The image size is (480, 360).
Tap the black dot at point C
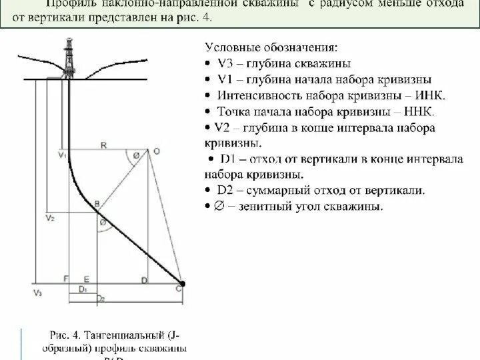183,284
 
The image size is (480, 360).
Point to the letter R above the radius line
104,144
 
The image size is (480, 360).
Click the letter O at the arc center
157,151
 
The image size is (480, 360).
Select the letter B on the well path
97,202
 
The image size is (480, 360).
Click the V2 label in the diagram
49,218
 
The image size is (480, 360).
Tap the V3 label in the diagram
37,293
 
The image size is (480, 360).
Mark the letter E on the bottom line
86,278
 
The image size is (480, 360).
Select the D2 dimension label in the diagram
100,298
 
